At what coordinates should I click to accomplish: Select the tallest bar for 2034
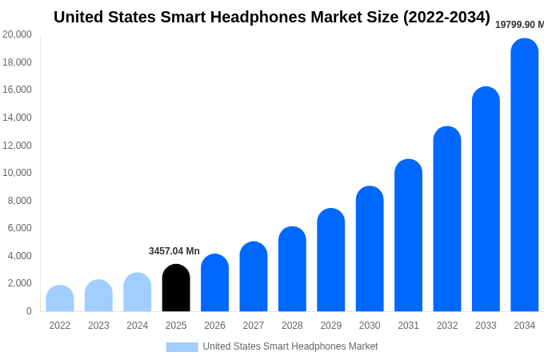point(525,176)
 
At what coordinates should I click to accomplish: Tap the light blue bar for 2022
point(60,298)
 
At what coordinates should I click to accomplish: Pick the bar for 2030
point(370,249)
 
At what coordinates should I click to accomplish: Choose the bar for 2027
point(254,277)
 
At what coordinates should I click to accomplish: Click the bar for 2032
point(447,219)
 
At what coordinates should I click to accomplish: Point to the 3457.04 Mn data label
point(174,251)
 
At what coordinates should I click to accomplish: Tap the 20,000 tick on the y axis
point(18,34)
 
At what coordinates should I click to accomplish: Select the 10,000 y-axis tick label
point(18,173)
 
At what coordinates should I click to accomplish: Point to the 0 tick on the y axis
point(29,311)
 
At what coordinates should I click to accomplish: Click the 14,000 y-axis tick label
point(18,118)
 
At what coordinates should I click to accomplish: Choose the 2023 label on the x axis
point(98,326)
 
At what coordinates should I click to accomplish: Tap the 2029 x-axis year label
point(331,326)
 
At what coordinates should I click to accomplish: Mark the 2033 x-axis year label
point(486,326)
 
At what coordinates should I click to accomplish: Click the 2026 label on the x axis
point(214,326)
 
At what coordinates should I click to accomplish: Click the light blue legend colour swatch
point(182,346)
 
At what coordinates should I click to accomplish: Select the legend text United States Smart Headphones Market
point(290,346)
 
